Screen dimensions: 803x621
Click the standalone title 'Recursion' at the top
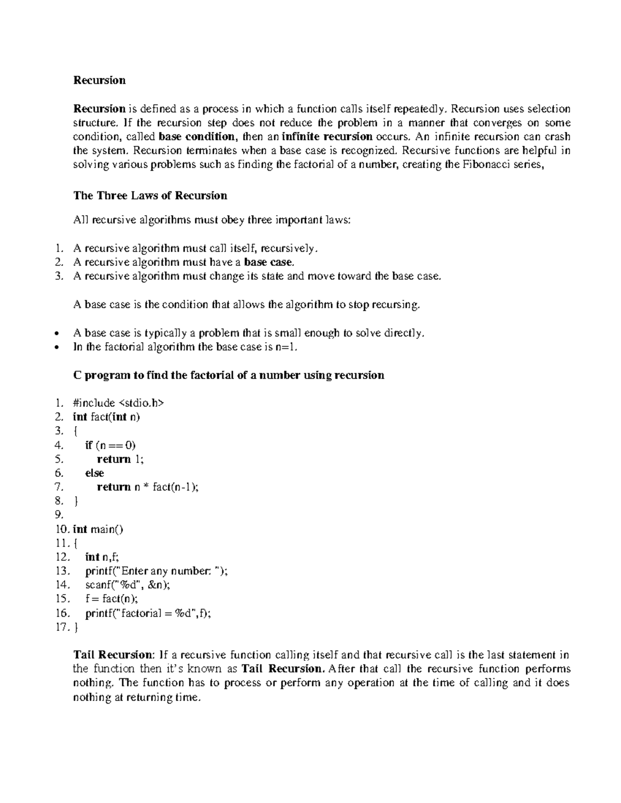tap(99, 80)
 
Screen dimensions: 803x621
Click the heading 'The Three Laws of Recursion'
tap(150, 195)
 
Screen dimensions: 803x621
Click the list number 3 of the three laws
tap(58, 276)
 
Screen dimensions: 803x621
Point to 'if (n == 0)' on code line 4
tap(110, 445)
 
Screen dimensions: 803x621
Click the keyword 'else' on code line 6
tap(94, 473)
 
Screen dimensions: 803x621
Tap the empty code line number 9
tap(58, 515)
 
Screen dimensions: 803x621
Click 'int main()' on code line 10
tap(98, 529)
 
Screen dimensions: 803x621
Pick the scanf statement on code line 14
tap(127, 585)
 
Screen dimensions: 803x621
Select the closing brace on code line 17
tap(76, 627)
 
